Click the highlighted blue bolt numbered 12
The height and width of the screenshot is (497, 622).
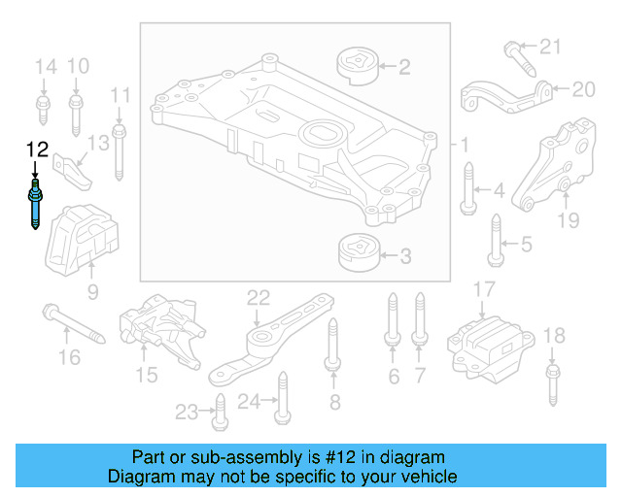[36, 204]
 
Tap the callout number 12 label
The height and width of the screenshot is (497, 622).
[36, 149]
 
